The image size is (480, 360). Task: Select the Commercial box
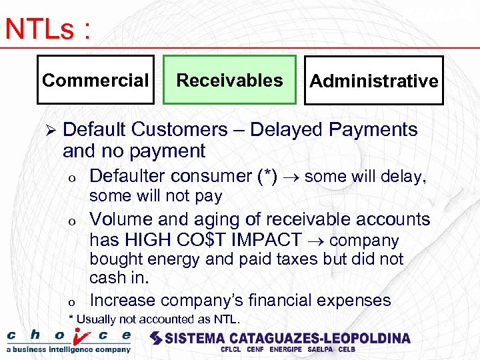click(95, 81)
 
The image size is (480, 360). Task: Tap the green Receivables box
click(229, 81)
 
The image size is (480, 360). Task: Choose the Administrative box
click(374, 81)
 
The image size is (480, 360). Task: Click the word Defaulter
click(127, 176)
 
